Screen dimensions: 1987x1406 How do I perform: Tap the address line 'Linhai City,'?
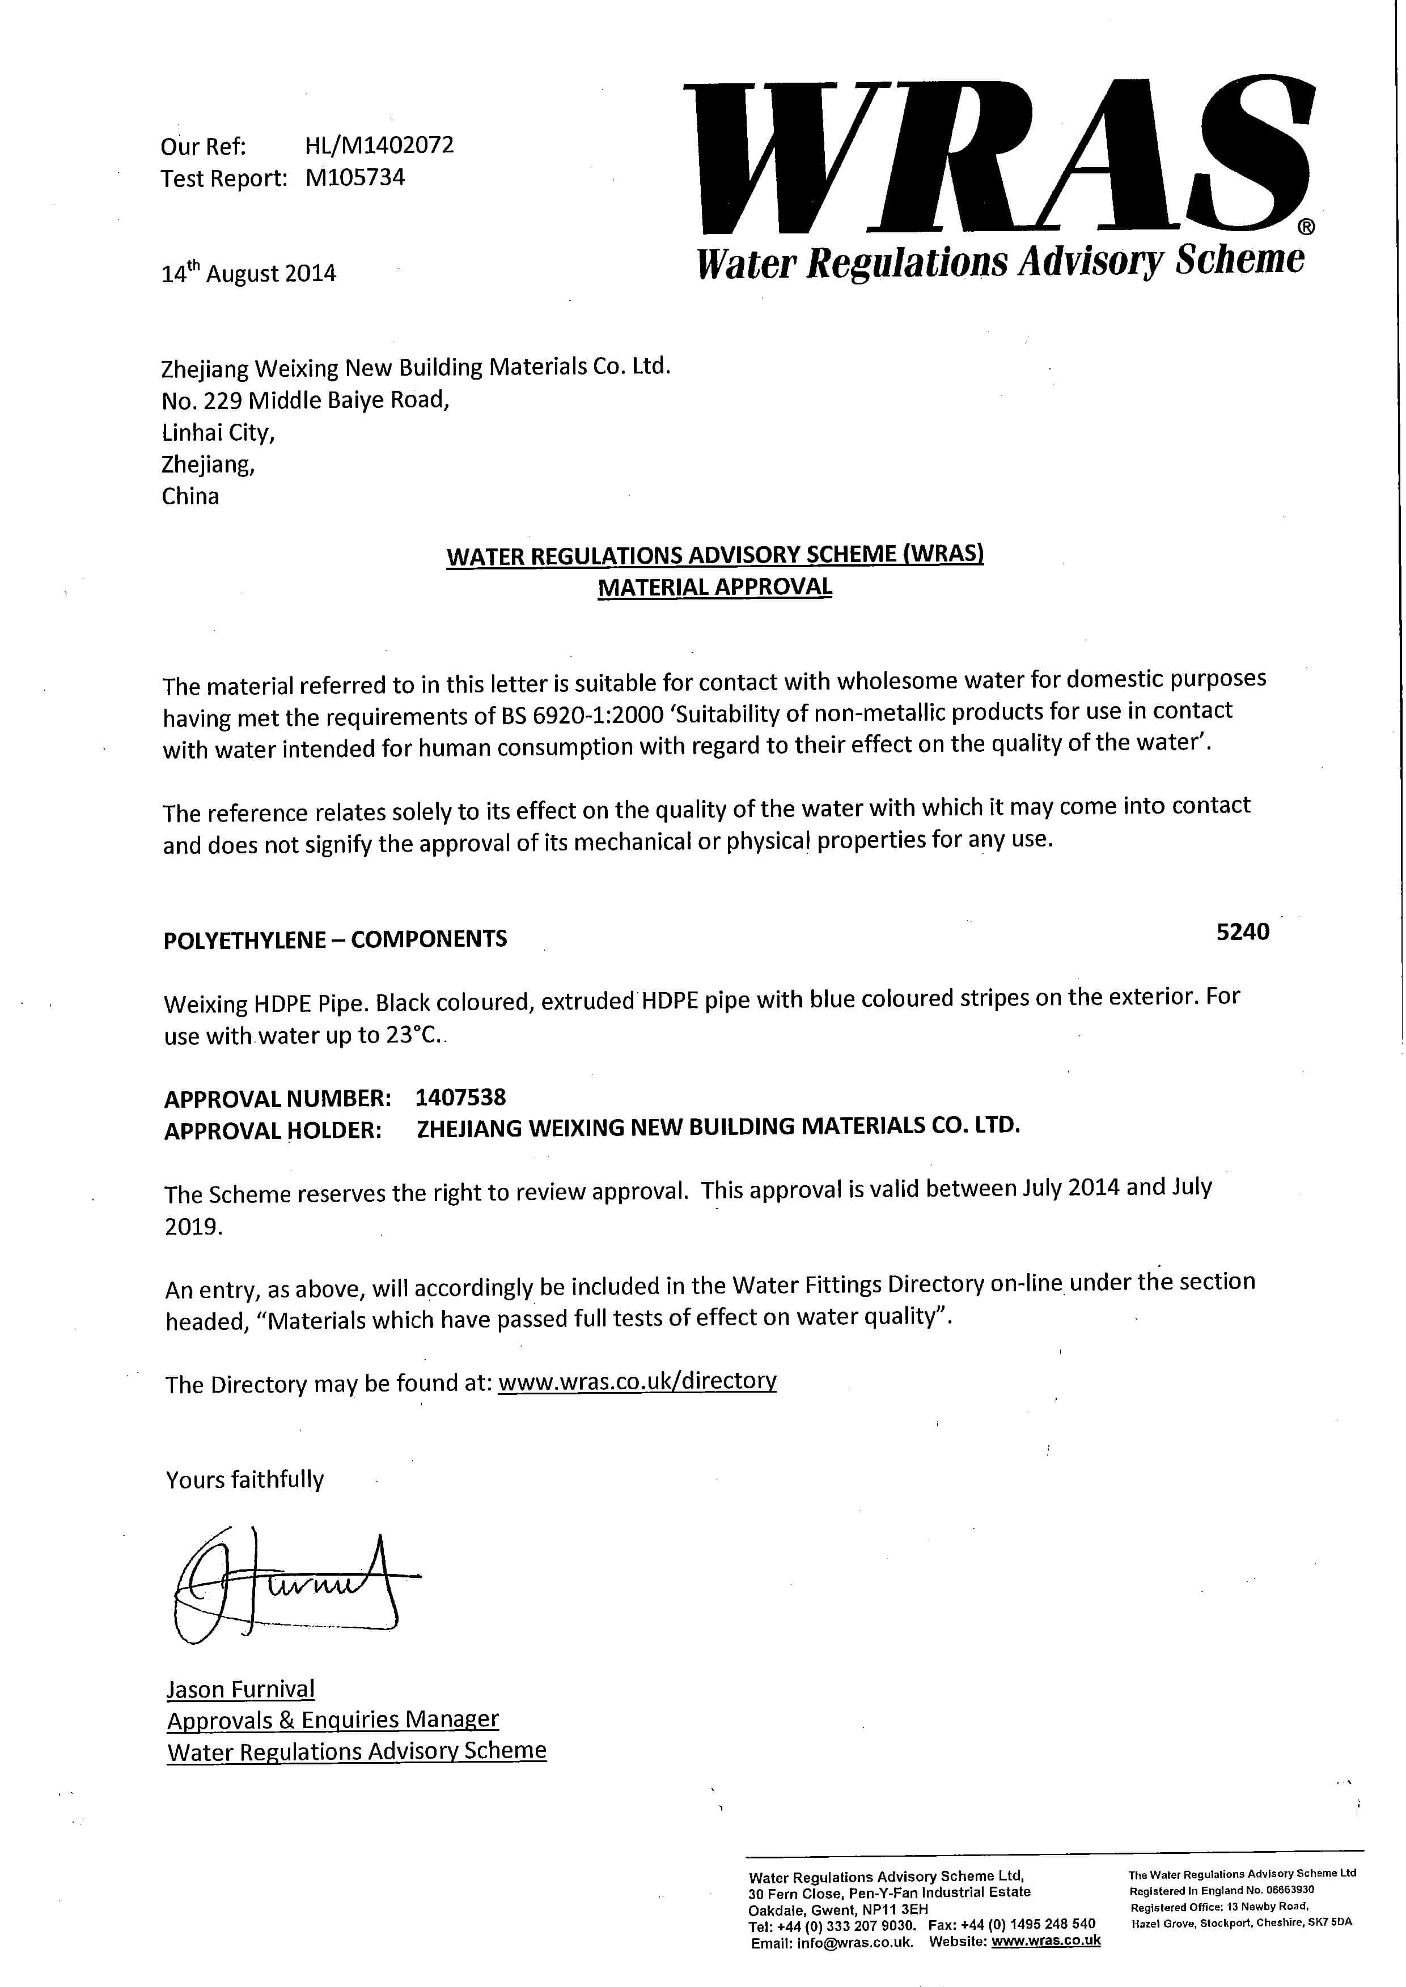(x=218, y=432)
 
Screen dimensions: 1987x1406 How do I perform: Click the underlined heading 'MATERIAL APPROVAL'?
(x=714, y=587)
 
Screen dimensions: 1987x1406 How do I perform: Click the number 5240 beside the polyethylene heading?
(x=1242, y=931)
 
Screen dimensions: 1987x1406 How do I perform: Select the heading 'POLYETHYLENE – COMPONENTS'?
(x=335, y=939)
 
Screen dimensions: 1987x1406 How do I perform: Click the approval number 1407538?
(x=460, y=1097)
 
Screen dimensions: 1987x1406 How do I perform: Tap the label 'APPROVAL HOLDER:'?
(x=273, y=1130)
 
